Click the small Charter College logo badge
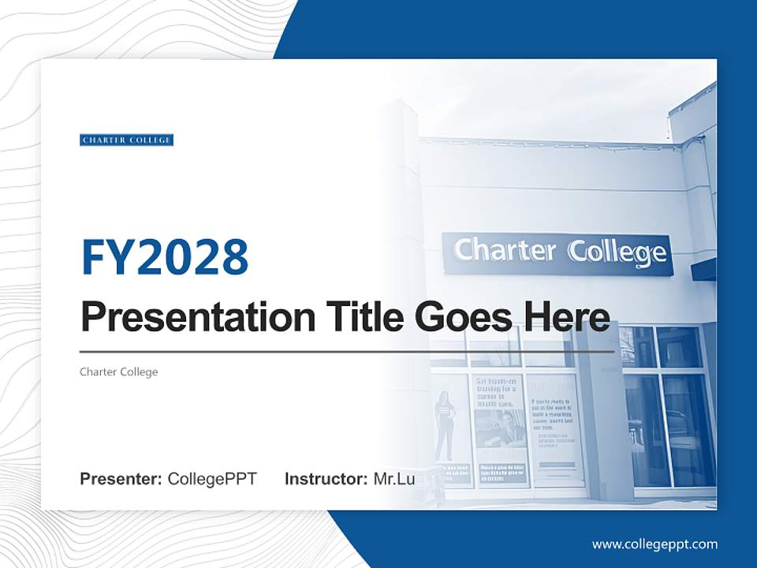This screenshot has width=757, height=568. pos(126,140)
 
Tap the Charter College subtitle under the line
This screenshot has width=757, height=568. pos(118,372)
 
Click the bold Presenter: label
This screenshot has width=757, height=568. pos(121,479)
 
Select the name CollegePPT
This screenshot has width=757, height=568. pos(212,479)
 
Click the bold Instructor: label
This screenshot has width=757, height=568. pos(326,479)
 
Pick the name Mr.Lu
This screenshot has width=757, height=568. pos(394,479)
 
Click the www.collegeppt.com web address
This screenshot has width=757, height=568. pos(654,544)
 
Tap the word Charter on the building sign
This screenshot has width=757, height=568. pos(505,251)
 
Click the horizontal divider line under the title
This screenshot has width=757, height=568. pos(347,352)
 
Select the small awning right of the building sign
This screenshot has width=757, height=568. pos(703,270)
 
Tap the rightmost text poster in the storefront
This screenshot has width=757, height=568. pos(555,426)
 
